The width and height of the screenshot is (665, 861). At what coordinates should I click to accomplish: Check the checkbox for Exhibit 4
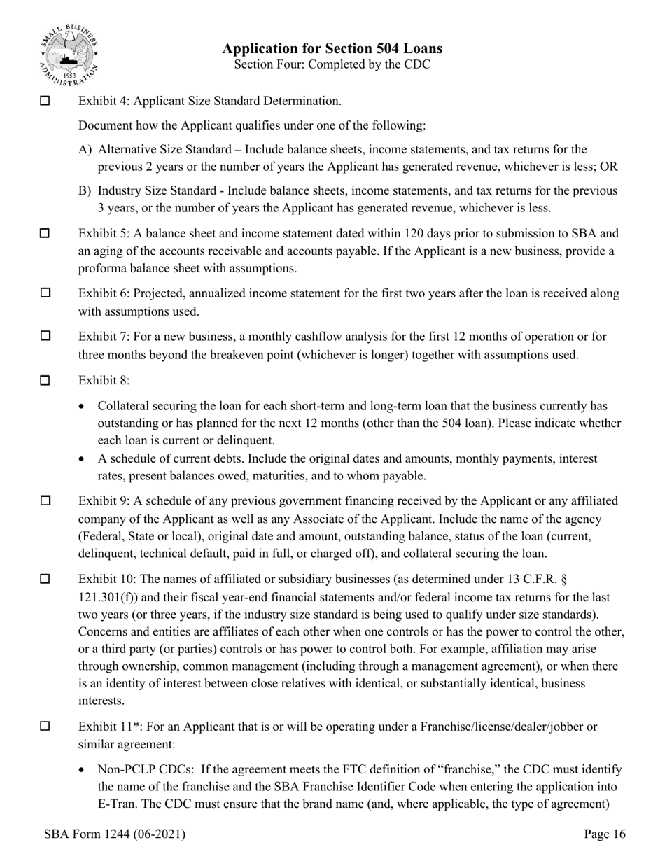(x=45, y=101)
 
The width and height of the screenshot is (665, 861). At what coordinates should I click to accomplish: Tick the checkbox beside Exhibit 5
(x=45, y=233)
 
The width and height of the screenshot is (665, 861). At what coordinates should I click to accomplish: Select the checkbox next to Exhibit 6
(x=45, y=293)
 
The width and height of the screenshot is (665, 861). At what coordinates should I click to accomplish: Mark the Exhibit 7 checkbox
(x=45, y=336)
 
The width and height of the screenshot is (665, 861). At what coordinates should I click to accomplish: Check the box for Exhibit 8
(x=45, y=381)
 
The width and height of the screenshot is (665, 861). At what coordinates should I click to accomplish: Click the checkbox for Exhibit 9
(x=45, y=500)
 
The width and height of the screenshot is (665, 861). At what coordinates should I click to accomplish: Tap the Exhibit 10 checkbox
(x=45, y=579)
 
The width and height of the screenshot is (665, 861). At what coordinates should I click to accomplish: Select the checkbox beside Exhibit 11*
(x=45, y=726)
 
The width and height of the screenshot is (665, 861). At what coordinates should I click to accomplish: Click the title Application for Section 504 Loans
(x=332, y=48)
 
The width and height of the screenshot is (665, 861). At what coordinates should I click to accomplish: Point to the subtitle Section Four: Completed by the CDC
(x=332, y=64)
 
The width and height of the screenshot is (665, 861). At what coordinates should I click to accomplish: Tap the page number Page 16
(x=605, y=834)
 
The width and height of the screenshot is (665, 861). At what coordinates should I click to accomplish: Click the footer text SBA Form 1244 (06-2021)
(x=114, y=834)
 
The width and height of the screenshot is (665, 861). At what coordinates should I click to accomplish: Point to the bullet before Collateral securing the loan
(x=84, y=406)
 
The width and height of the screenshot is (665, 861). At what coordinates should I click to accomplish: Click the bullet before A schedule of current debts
(x=84, y=459)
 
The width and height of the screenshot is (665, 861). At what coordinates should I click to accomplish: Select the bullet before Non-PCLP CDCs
(x=84, y=770)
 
